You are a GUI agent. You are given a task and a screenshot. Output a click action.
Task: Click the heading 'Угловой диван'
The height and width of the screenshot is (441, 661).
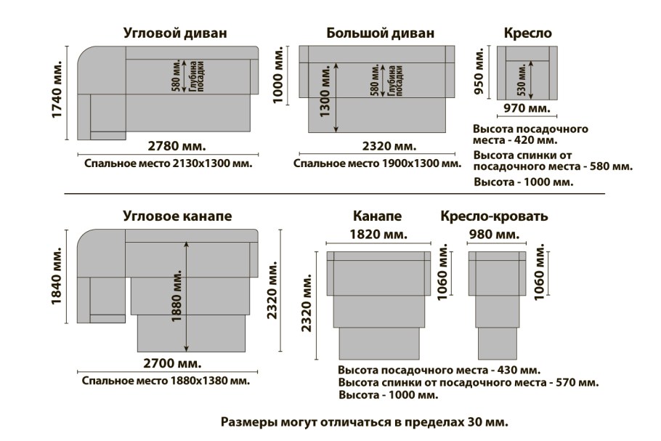point(175,33)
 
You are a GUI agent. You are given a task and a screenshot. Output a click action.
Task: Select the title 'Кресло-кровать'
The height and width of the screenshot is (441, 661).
point(494,217)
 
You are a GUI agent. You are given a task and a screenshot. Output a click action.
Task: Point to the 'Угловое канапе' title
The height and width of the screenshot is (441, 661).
point(177,216)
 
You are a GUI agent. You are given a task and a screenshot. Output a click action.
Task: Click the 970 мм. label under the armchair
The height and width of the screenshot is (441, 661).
point(527,109)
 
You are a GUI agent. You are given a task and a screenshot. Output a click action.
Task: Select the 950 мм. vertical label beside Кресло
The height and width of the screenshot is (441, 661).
point(479,73)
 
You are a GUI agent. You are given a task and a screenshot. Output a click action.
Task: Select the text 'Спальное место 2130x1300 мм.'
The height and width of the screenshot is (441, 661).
point(168,163)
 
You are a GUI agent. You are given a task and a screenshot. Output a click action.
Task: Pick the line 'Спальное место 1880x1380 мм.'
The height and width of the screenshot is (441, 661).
point(166,381)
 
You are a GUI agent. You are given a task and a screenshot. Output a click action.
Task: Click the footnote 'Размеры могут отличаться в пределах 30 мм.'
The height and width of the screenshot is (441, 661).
point(364,421)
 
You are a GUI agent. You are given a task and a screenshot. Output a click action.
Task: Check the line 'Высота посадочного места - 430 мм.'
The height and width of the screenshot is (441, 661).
point(439,370)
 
